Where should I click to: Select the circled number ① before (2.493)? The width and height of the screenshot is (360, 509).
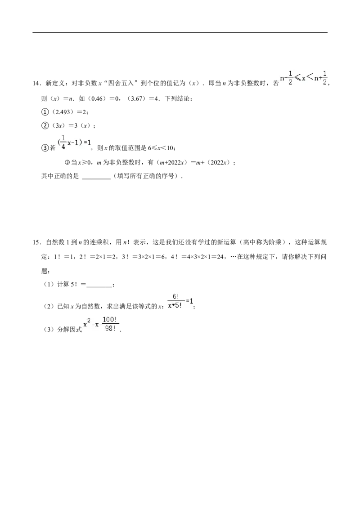click(45, 112)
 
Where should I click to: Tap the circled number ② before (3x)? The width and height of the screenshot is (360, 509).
click(45, 125)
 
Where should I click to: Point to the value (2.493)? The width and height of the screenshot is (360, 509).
click(63, 112)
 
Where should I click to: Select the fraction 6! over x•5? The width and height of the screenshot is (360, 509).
click(175, 301)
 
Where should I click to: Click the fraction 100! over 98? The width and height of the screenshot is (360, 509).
click(110, 324)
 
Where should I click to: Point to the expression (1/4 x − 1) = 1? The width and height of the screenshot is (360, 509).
click(74, 143)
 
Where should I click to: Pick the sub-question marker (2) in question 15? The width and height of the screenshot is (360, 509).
click(49, 307)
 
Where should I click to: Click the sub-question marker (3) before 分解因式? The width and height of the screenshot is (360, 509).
click(49, 330)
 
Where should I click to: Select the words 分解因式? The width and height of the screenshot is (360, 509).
click(70, 330)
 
